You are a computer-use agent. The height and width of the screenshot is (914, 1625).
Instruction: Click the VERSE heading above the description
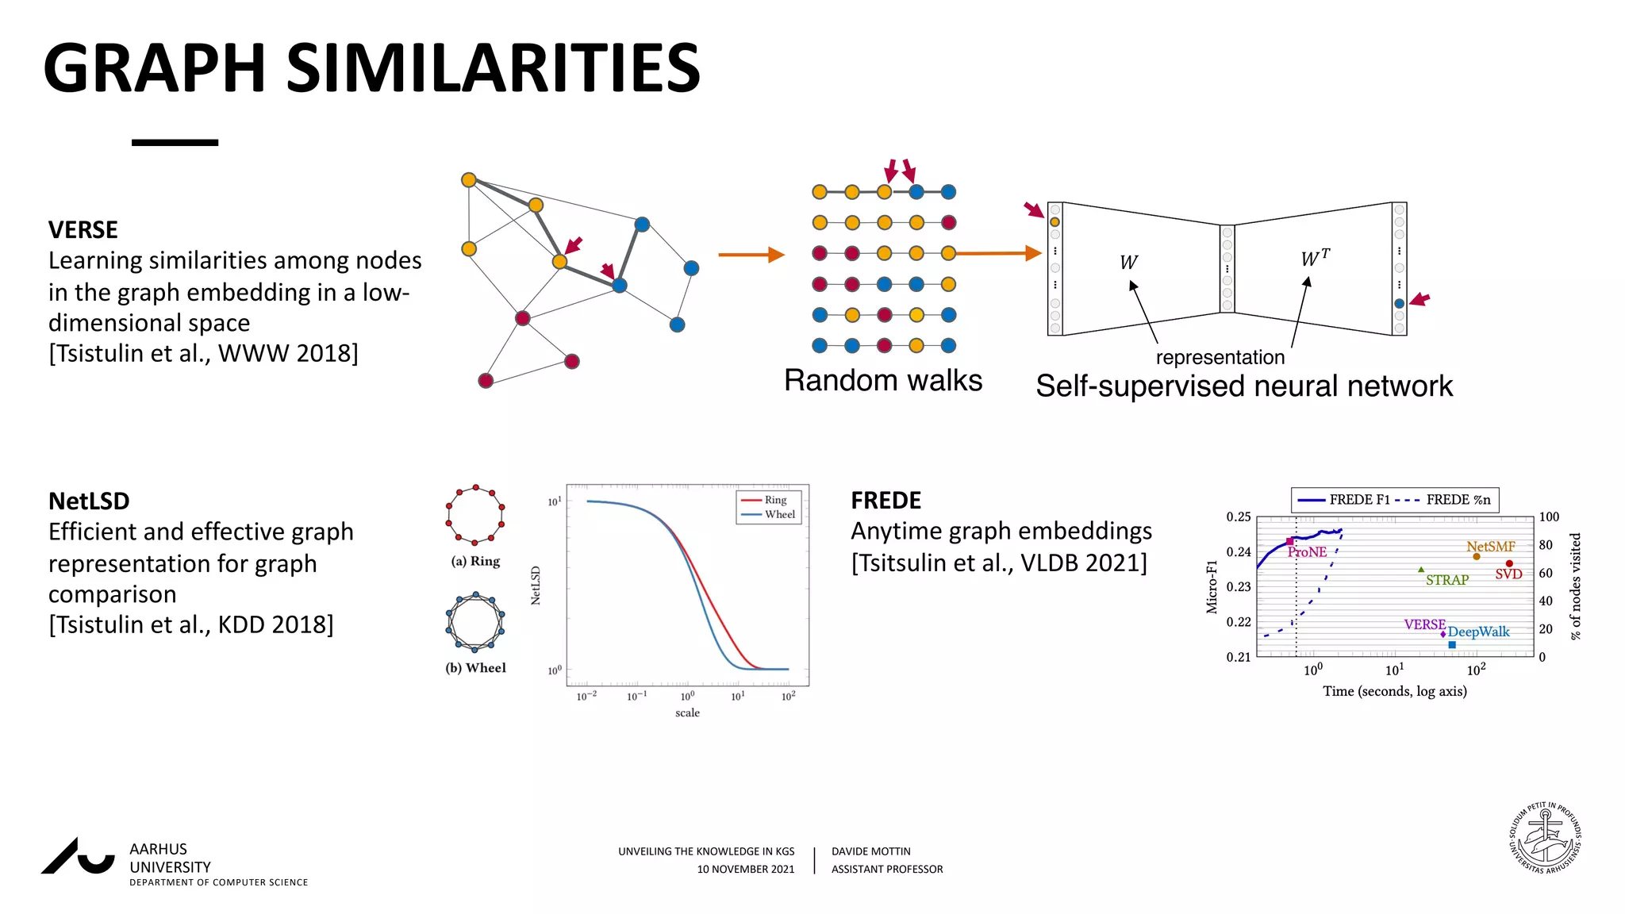[x=83, y=230]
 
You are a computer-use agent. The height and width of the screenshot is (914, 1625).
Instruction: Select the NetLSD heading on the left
[x=89, y=501]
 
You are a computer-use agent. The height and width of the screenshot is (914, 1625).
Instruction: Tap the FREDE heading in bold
[x=885, y=501]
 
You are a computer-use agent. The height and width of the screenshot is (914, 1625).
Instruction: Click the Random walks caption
[x=882, y=381]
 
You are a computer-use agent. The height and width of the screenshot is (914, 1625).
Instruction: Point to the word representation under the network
[x=1220, y=358]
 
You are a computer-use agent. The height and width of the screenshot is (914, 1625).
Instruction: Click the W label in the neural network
[x=1128, y=263]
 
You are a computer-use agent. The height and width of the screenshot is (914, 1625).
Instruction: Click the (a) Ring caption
[x=475, y=562]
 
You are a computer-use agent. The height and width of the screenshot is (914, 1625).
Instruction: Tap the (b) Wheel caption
[x=475, y=668]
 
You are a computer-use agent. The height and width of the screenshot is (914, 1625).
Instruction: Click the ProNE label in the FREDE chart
[x=1307, y=552]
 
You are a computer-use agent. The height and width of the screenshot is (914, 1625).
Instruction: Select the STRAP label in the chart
[x=1447, y=580]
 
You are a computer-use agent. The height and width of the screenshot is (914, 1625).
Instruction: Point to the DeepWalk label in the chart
[x=1478, y=632]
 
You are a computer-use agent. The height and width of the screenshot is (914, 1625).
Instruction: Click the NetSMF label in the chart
[x=1490, y=547]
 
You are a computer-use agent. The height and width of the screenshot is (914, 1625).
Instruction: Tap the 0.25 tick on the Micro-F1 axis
[x=1238, y=517]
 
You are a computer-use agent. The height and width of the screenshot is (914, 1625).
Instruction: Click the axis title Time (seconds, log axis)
[x=1394, y=691]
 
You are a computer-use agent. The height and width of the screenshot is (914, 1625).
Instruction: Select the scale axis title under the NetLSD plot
[x=687, y=713]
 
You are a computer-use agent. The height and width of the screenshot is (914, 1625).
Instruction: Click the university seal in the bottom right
[x=1545, y=838]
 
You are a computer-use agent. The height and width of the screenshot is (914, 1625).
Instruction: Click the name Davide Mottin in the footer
[x=870, y=851]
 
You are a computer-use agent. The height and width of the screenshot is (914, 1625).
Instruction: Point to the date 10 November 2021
[x=745, y=870]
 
